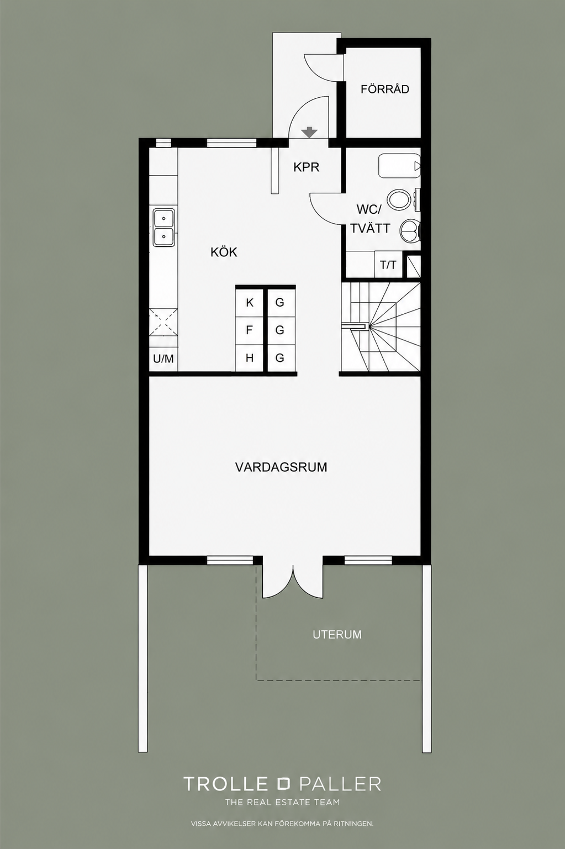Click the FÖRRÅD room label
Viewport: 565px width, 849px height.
click(384, 89)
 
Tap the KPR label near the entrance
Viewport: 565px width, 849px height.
click(306, 167)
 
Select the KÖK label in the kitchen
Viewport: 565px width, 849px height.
click(224, 252)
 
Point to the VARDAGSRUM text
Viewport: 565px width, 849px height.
click(281, 467)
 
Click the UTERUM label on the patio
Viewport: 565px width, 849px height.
click(337, 635)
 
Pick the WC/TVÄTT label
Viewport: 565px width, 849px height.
click(370, 219)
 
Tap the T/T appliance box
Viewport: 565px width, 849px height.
click(388, 265)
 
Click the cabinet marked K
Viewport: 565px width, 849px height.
click(249, 303)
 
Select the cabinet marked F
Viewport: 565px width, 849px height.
click(249, 330)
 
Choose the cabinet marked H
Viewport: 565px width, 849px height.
click(249, 358)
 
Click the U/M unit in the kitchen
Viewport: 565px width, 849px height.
click(163, 358)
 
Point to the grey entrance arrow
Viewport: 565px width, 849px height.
click(310, 132)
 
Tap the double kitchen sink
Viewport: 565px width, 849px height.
click(163, 227)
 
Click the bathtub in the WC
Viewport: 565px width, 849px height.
click(399, 166)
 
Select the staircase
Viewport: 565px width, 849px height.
click(381, 327)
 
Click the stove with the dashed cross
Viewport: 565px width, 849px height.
click(163, 322)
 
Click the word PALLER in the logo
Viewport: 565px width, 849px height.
click(340, 784)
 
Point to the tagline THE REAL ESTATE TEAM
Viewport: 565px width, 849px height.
click(282, 802)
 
